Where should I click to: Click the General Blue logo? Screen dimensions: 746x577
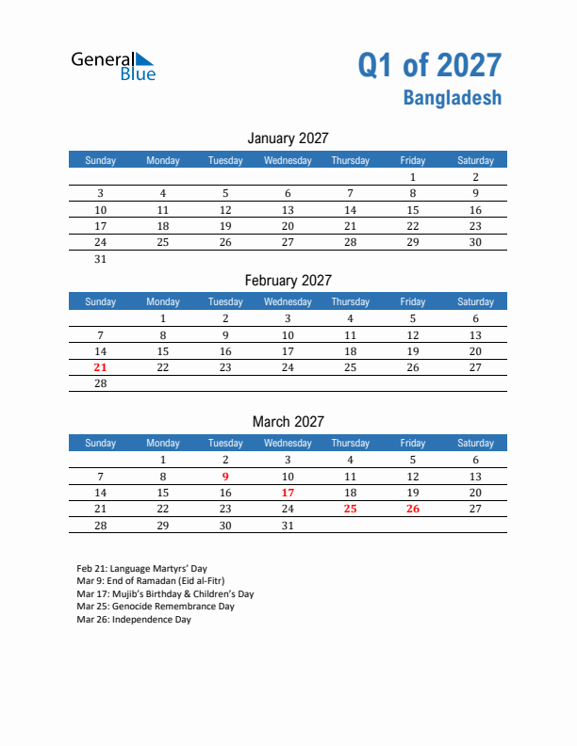point(114,65)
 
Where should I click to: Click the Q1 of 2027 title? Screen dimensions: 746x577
point(429,65)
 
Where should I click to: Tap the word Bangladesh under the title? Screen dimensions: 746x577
point(453,97)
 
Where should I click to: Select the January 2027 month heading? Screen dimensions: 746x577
point(288,138)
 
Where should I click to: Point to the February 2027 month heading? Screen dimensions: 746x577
point(288,280)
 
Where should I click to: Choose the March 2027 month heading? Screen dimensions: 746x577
point(288,421)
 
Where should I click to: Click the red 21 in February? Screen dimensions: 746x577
point(101,367)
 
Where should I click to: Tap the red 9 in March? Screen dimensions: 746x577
point(225,477)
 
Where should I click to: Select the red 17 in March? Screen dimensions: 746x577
point(288,493)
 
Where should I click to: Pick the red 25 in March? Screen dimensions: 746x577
point(350,509)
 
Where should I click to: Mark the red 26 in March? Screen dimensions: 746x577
point(412,509)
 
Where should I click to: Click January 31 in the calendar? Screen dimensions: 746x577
point(101,259)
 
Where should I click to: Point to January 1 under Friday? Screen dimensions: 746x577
point(412,177)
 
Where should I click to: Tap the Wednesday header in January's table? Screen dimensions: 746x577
point(288,160)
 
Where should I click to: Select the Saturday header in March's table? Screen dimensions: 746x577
point(475,443)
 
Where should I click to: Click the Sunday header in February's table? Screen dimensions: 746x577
point(101,301)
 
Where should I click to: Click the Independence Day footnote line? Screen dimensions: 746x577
point(134,620)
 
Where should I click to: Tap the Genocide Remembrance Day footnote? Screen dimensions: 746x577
point(156,607)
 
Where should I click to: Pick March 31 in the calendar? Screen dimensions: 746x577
point(288,526)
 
